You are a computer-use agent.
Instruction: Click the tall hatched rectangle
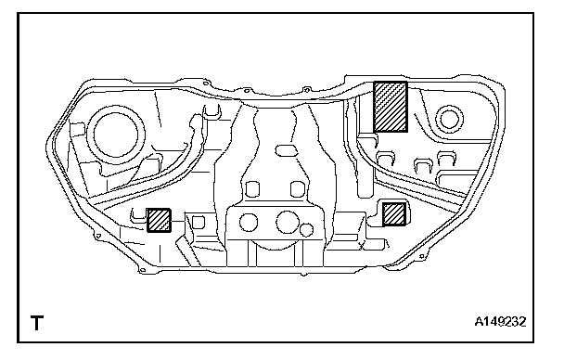coord(391,107)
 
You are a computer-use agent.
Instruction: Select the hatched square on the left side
coord(159,220)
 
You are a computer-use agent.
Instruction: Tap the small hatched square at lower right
coord(394,214)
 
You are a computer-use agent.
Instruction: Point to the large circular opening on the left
coord(115,134)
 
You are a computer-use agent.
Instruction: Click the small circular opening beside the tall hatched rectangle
coord(449,120)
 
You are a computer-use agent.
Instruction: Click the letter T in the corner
coord(37,323)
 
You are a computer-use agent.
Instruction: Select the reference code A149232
coord(500,321)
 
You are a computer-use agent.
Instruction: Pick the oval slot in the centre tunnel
coord(287,150)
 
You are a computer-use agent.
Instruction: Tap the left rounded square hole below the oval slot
coord(252,189)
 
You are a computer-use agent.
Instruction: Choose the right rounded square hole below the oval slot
coord(297,189)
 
